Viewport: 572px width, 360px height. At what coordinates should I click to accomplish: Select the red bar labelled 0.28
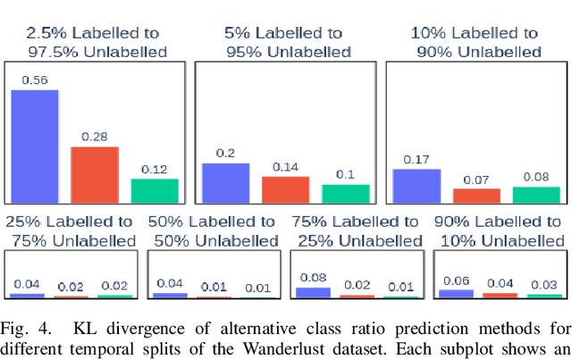[x=95, y=174]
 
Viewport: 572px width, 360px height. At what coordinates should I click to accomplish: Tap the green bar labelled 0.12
[x=155, y=190]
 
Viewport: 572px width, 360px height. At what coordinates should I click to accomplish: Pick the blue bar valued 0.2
[x=225, y=182]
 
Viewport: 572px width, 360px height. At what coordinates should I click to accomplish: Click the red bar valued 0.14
[x=285, y=189]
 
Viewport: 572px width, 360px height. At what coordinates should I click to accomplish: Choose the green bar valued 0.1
[x=345, y=193]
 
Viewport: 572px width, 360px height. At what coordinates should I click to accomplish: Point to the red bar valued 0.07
[x=476, y=195]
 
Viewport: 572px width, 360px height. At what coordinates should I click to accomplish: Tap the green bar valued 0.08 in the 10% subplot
[x=535, y=194]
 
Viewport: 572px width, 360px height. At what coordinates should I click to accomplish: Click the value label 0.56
[x=34, y=80]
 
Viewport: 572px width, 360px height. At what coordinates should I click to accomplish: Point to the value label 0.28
[x=95, y=137]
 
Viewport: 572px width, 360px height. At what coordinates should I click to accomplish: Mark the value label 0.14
[x=285, y=167]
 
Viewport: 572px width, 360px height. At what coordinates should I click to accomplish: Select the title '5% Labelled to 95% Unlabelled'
[x=284, y=42]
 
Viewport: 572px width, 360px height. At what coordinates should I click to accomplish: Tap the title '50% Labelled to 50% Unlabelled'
[x=214, y=230]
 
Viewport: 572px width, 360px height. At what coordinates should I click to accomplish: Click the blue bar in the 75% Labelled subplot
[x=313, y=292]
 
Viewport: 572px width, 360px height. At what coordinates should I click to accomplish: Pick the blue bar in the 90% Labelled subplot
[x=456, y=293]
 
